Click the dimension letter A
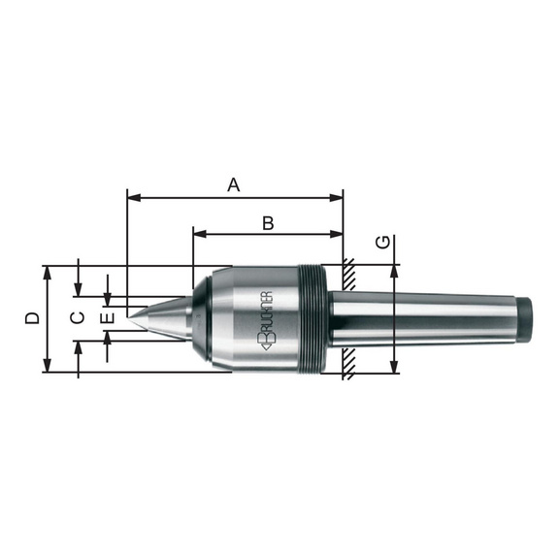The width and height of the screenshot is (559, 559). pyautogui.click(x=234, y=185)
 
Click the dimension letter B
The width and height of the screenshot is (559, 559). pyautogui.click(x=268, y=223)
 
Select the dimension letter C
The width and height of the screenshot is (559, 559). pyautogui.click(x=78, y=317)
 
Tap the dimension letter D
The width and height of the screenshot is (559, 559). pyautogui.click(x=32, y=318)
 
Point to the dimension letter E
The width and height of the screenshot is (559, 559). pyautogui.click(x=109, y=317)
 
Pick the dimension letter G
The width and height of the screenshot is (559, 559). pyautogui.click(x=383, y=243)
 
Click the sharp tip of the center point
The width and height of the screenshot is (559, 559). pyautogui.click(x=128, y=317)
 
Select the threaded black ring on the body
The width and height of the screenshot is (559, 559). pyautogui.click(x=312, y=319)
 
